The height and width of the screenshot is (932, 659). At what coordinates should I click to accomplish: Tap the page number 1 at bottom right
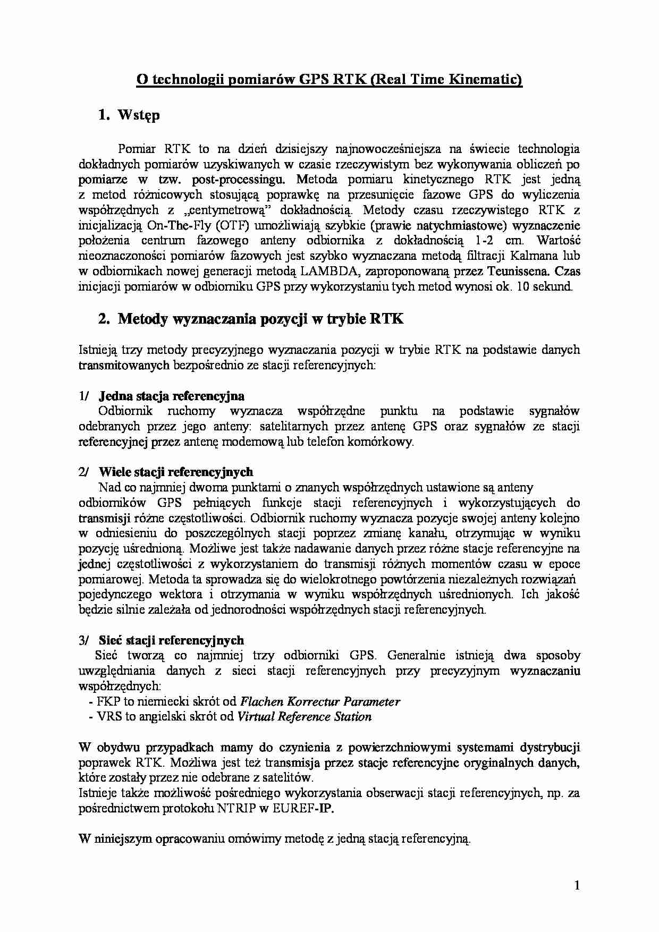(x=577, y=885)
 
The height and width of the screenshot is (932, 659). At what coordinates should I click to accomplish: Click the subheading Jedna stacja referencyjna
(x=171, y=396)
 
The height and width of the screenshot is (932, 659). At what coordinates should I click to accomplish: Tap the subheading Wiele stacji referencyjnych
(x=176, y=472)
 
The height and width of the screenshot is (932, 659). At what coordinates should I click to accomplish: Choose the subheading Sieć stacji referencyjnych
(x=171, y=640)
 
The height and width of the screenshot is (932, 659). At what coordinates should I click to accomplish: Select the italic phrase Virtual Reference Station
(x=304, y=717)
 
